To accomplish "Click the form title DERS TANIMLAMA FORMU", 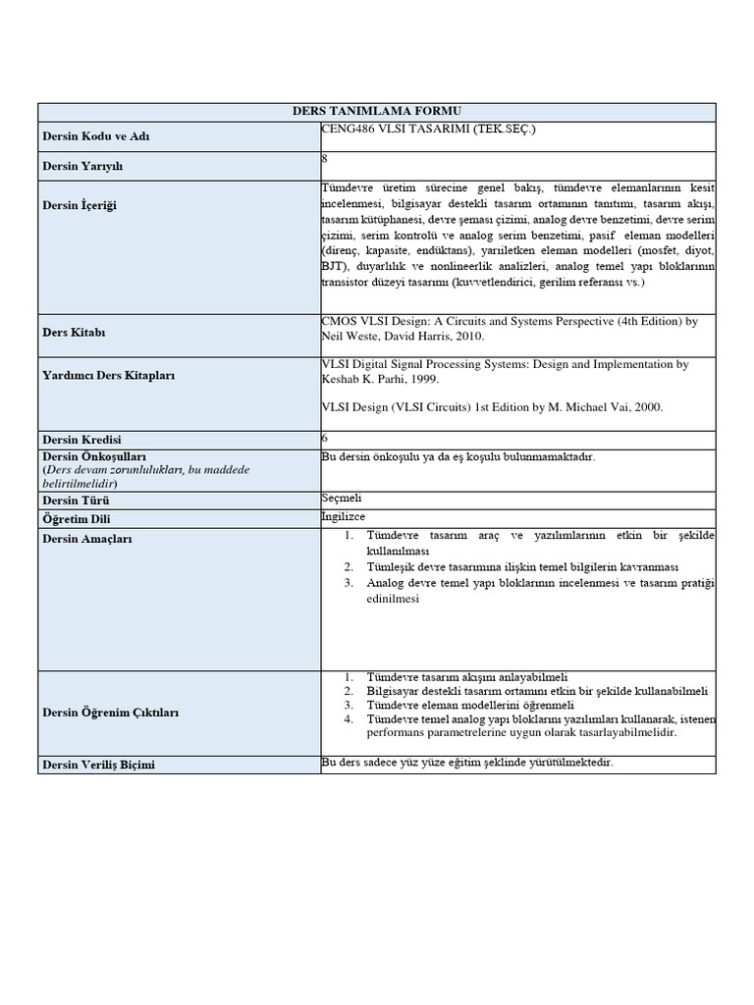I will (378, 111).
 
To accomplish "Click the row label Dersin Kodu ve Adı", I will (86, 136).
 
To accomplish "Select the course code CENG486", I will (349, 129).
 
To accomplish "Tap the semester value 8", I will (326, 157).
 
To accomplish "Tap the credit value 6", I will (326, 439).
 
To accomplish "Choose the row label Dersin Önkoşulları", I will (94, 456).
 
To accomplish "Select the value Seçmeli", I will (342, 499).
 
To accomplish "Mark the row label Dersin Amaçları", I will (86, 539).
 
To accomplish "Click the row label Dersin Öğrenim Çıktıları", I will (110, 713).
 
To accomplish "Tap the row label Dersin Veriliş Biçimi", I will (98, 765).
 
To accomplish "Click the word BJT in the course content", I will (334, 265).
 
